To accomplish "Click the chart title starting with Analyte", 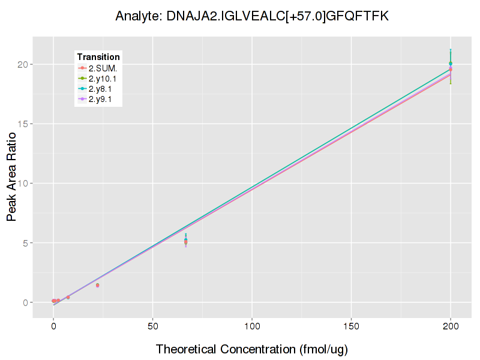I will tap(252, 16).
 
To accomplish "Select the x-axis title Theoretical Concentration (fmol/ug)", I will tap(252, 349).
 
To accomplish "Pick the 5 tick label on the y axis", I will tap(25, 243).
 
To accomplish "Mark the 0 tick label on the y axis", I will tap(25, 302).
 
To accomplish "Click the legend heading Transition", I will tap(98, 57).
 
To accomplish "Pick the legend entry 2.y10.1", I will tap(104, 78).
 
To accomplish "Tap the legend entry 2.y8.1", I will tap(103, 89).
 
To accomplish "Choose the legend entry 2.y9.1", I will tap(103, 99).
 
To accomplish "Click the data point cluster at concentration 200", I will tap(451, 65).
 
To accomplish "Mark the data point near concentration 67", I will tap(186, 241).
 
